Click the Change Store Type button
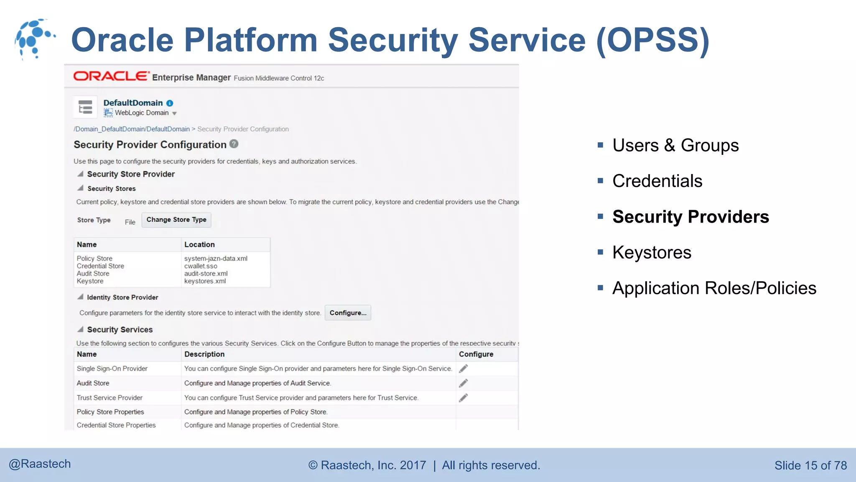tap(176, 220)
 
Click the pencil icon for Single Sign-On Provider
tap(463, 369)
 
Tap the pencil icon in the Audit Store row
tap(463, 383)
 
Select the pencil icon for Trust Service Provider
tap(463, 397)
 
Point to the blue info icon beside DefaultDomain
tap(170, 103)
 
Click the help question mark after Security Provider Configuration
tap(234, 144)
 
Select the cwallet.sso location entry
tap(201, 266)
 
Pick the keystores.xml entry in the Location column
tap(205, 281)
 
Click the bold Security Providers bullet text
tap(690, 217)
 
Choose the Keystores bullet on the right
tap(652, 253)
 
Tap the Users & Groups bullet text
tap(675, 146)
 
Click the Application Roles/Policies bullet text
tap(714, 288)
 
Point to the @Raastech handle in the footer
tap(40, 464)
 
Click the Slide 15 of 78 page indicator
tap(810, 465)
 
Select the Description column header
tap(204, 354)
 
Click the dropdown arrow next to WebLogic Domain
tap(175, 113)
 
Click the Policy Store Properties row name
tap(110, 412)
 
